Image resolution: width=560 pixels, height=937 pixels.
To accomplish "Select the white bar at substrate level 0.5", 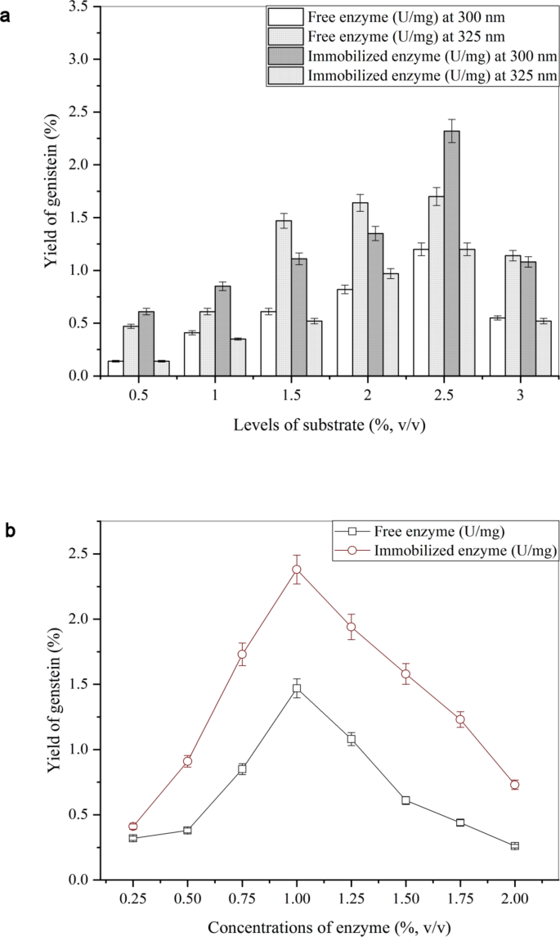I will pyautogui.click(x=115, y=368).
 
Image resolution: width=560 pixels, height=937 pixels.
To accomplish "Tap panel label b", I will pyautogui.click(x=7, y=530).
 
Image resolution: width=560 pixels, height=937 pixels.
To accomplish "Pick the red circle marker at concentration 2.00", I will pyautogui.click(x=514, y=784).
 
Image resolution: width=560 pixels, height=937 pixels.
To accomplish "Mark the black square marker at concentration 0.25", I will pyautogui.click(x=133, y=838).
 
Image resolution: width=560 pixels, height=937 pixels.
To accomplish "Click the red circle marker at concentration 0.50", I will pyautogui.click(x=188, y=761).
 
